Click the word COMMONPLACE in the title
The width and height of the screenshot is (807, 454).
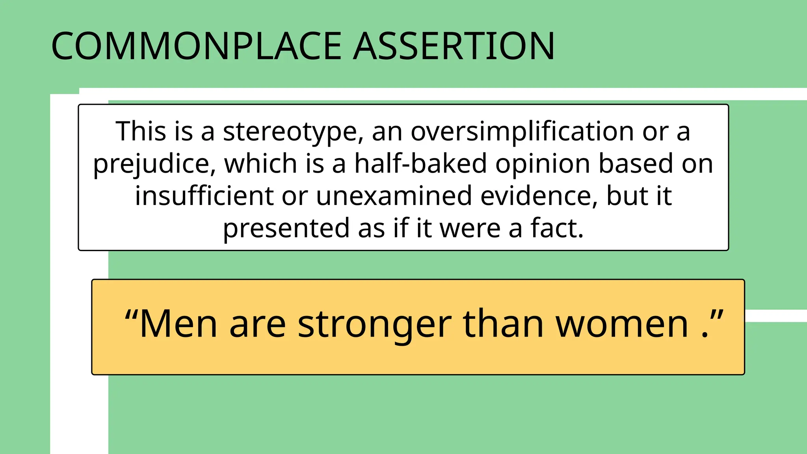click(x=196, y=46)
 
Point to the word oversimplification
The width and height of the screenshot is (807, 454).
click(x=522, y=132)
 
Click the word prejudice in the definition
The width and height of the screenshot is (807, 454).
click(x=154, y=164)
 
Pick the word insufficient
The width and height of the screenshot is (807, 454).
click(x=204, y=196)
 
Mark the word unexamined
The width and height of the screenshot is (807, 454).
click(x=394, y=196)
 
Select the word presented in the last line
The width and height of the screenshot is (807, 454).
click(x=286, y=228)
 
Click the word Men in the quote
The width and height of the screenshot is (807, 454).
click(x=178, y=324)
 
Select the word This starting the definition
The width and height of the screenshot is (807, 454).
click(x=140, y=132)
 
